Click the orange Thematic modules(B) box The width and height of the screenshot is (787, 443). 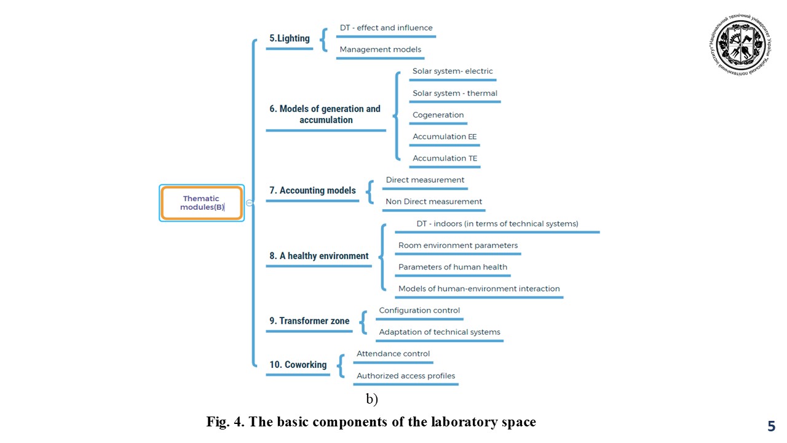(202, 203)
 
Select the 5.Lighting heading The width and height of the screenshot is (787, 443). (290, 38)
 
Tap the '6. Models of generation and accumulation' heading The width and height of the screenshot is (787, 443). (325, 114)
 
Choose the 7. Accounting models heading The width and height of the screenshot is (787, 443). (312, 191)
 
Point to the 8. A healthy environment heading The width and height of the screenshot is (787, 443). (318, 256)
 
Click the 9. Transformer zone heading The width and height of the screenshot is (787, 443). (309, 321)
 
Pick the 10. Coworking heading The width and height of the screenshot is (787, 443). (298, 365)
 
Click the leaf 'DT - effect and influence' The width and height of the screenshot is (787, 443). (386, 28)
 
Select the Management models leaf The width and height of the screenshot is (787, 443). (380, 49)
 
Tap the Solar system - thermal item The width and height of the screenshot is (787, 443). (455, 94)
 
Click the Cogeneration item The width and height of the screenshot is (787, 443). (438, 115)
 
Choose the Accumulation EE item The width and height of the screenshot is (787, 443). (445, 137)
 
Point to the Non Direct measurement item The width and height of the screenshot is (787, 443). (433, 202)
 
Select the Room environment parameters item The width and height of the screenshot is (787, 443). (458, 245)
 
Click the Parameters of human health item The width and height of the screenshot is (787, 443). (453, 267)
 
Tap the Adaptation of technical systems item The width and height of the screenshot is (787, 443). (440, 332)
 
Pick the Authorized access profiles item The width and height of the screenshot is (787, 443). (406, 376)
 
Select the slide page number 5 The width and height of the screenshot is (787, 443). (771, 426)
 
